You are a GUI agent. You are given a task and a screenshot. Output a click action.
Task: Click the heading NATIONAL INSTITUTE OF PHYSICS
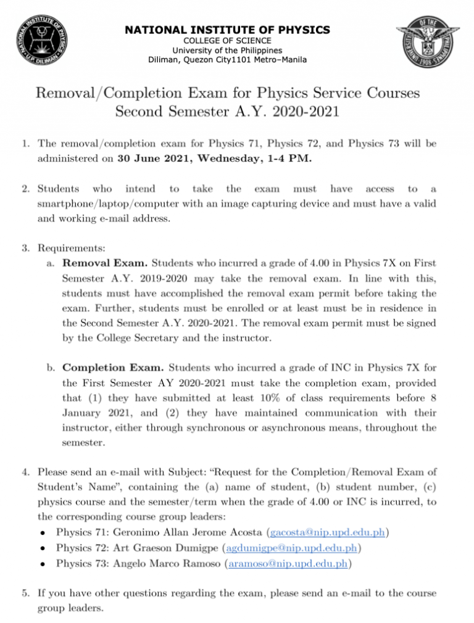pos(228,30)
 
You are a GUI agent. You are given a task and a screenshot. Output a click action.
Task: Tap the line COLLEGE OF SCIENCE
pos(228,41)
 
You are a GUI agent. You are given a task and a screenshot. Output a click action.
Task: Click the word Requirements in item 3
pos(72,248)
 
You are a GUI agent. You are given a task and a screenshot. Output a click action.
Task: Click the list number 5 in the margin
pos(25,593)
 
